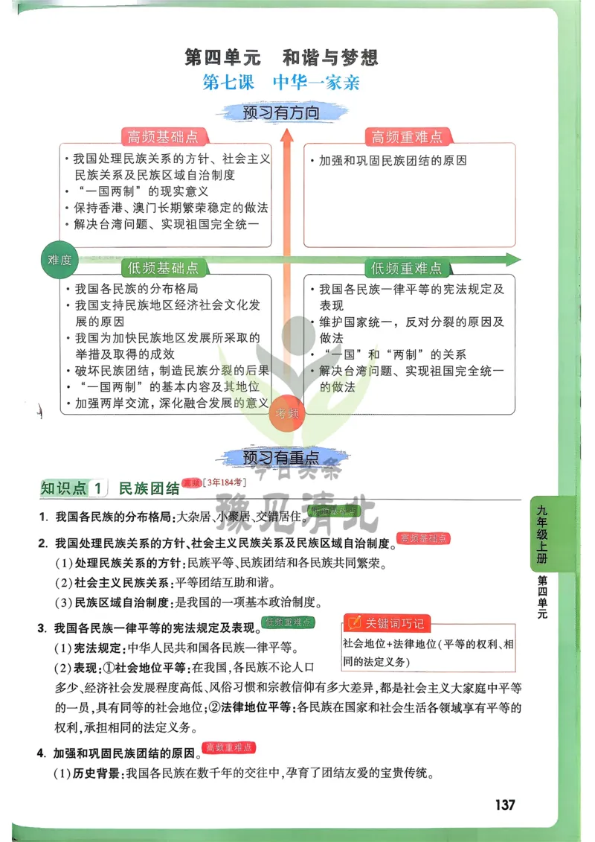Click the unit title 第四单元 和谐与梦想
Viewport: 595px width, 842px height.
pyautogui.click(x=281, y=57)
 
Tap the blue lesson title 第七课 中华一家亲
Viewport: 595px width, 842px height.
pyautogui.click(x=281, y=83)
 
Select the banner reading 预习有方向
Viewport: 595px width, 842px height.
pyautogui.click(x=281, y=113)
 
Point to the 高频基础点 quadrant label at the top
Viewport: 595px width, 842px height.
pyautogui.click(x=164, y=137)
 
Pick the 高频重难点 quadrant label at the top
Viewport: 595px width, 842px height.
pyautogui.click(x=406, y=137)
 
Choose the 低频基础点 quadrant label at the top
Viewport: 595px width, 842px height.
pyautogui.click(x=164, y=268)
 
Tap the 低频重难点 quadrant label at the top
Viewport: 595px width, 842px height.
pyautogui.click(x=406, y=268)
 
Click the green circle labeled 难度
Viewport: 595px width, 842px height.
pyautogui.click(x=59, y=260)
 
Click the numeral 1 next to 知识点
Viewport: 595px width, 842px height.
pyautogui.click(x=97, y=488)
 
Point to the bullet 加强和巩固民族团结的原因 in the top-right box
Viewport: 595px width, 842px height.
pyautogui.click(x=393, y=161)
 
